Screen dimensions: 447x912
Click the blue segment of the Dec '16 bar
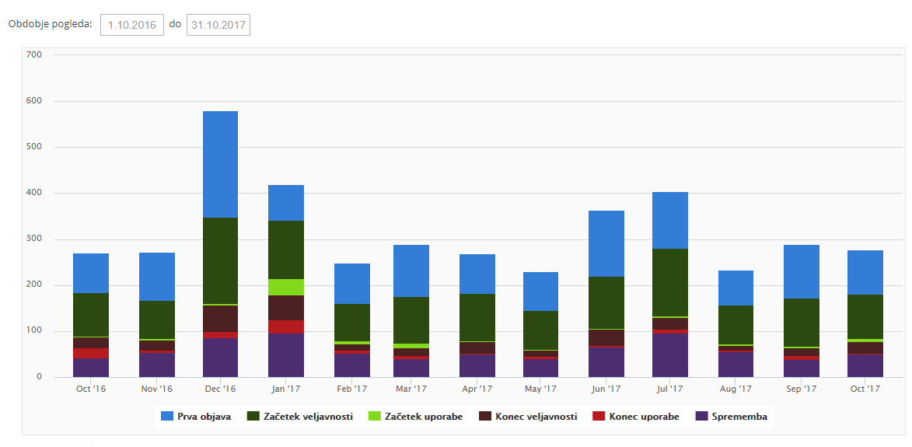point(220,164)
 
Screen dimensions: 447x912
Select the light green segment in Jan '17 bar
point(286,287)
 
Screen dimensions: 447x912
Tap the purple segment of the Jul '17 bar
point(670,355)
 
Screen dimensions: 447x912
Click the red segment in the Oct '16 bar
point(91,353)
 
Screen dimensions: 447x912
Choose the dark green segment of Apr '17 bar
point(477,317)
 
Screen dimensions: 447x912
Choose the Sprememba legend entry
point(731,417)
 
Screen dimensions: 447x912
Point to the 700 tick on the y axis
point(33,54)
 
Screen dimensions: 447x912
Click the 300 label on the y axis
point(33,239)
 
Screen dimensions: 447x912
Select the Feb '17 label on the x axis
point(351,389)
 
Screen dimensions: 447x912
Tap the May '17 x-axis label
point(540,389)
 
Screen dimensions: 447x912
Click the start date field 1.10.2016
point(131,25)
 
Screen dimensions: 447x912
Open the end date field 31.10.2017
point(218,25)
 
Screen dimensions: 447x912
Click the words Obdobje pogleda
point(50,24)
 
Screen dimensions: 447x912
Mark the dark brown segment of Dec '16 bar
point(220,318)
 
